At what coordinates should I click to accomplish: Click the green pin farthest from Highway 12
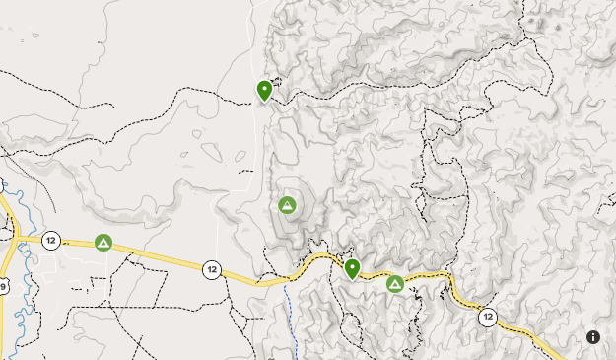[x=264, y=91]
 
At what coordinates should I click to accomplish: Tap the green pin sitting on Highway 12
[x=352, y=269]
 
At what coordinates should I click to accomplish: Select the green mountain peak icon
[x=287, y=205]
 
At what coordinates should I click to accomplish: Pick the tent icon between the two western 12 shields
[x=103, y=242]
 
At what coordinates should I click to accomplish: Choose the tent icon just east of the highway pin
[x=395, y=284]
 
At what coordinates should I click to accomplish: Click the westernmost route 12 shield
[x=51, y=240]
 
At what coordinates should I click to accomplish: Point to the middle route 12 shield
[x=212, y=268]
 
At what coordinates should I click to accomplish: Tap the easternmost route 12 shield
[x=488, y=317]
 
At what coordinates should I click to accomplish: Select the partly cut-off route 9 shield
[x=3, y=287]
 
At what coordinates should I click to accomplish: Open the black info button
[x=593, y=337]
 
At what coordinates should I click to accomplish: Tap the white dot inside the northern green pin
[x=264, y=88]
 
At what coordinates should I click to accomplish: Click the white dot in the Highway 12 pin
[x=352, y=266]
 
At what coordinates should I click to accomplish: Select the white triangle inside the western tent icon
[x=103, y=243]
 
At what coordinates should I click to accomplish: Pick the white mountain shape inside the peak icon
[x=287, y=206]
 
